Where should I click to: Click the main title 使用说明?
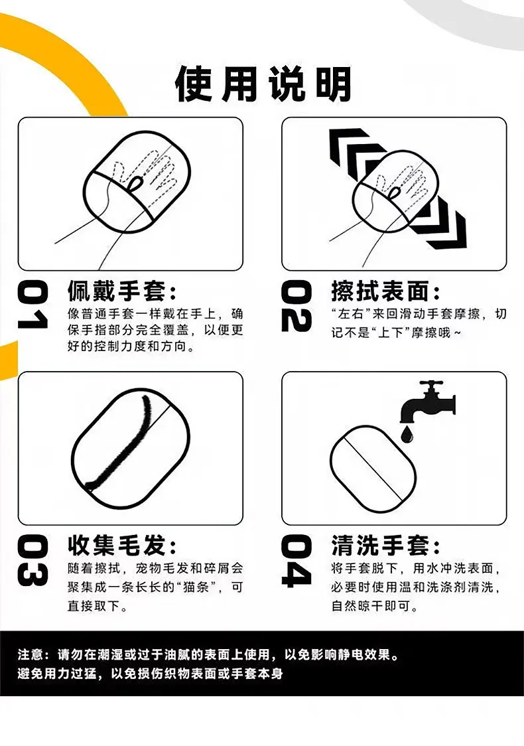(263, 84)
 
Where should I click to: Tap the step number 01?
(33, 305)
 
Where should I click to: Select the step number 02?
(296, 305)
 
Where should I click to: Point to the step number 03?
(33, 560)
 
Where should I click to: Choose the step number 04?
(296, 560)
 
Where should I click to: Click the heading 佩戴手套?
(117, 291)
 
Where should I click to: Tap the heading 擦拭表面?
(381, 291)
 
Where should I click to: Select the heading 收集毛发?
(117, 545)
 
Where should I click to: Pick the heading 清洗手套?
(381, 545)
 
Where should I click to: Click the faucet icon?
(427, 402)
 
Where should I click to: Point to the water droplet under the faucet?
(407, 434)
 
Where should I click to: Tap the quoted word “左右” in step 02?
(351, 314)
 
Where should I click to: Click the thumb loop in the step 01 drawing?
(136, 183)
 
